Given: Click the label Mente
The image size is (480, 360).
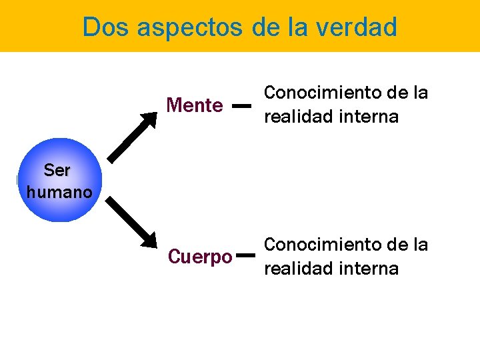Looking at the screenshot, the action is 195,105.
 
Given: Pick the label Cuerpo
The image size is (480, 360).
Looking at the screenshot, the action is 201,257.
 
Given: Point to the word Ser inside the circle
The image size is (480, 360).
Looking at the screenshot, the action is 57,170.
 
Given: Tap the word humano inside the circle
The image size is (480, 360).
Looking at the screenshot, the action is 59,193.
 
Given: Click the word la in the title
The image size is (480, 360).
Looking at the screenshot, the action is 297,27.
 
